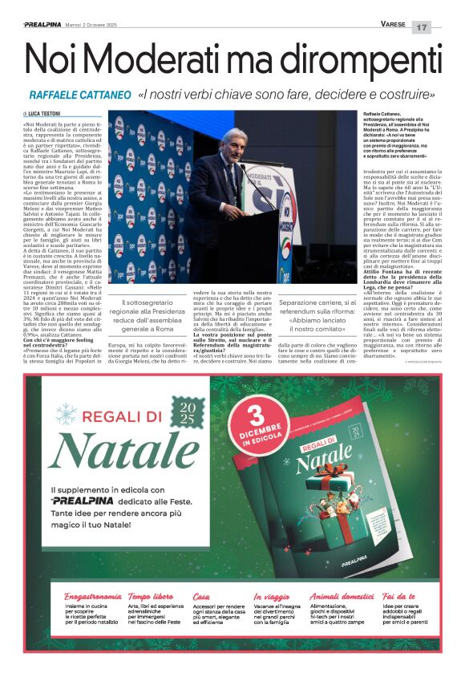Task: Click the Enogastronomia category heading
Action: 92,597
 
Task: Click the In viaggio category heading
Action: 272,597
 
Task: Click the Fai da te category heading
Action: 398,597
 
